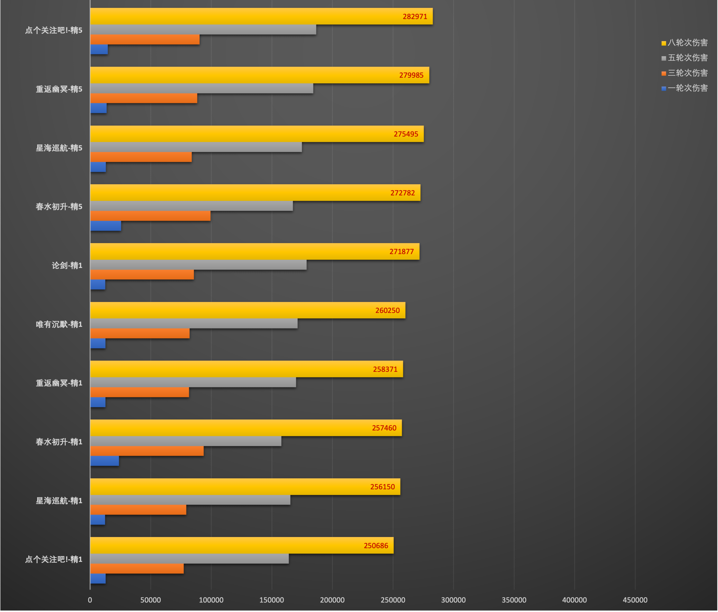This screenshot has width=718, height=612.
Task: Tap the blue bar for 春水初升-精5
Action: pyautogui.click(x=106, y=226)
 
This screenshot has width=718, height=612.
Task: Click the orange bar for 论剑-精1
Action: pyautogui.click(x=142, y=275)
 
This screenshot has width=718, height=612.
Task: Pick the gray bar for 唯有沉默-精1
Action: pyautogui.click(x=194, y=323)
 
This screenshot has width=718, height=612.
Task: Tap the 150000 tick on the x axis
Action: pyautogui.click(x=272, y=600)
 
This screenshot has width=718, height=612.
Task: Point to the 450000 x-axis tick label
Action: pyautogui.click(x=635, y=600)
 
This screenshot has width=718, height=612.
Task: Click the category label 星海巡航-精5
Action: pyautogui.click(x=59, y=148)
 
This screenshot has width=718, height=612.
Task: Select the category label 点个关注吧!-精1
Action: pyautogui.click(x=54, y=559)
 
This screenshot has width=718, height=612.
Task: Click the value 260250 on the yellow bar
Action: pyautogui.click(x=387, y=310)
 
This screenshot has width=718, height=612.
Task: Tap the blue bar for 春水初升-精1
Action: pyautogui.click(x=105, y=461)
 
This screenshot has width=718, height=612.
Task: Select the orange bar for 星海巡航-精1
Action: pyautogui.click(x=138, y=510)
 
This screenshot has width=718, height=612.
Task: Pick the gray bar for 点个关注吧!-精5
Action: pyautogui.click(x=203, y=30)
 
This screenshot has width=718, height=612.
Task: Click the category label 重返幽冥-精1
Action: pyautogui.click(x=59, y=383)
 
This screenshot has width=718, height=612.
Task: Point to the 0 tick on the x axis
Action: pyautogui.click(x=90, y=600)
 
